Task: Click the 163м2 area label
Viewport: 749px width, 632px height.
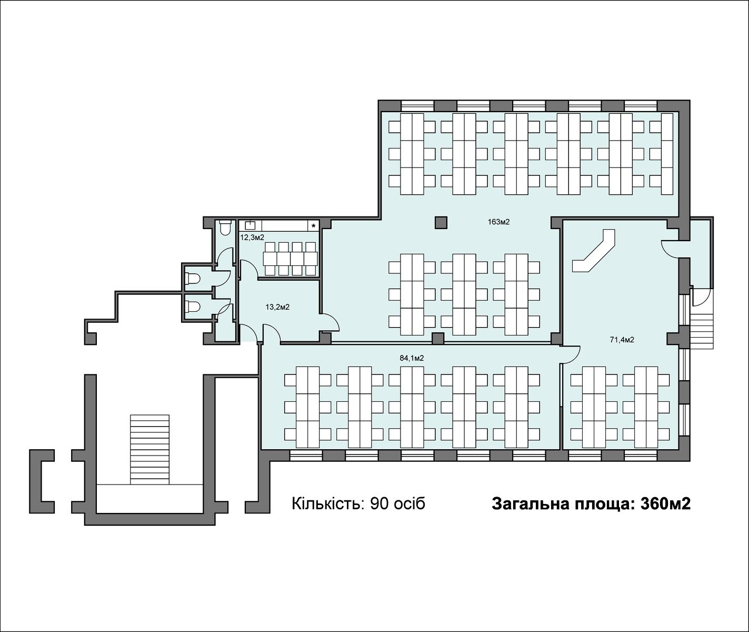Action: tap(498, 222)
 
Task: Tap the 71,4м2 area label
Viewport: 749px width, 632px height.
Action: tap(622, 340)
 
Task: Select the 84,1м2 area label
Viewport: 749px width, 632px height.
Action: tap(412, 358)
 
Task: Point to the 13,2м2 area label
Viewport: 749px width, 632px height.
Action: tap(277, 307)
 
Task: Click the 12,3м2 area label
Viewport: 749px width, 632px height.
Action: tap(252, 237)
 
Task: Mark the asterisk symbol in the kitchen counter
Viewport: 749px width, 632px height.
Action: tap(314, 226)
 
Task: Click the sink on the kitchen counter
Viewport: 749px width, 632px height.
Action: tap(250, 225)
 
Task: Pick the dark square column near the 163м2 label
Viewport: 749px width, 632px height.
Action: tap(441, 222)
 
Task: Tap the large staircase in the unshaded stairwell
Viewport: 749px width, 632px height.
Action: tap(149, 450)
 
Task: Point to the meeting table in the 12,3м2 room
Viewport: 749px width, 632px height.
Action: tap(291, 258)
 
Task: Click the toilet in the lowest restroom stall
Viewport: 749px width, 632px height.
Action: tap(192, 307)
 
